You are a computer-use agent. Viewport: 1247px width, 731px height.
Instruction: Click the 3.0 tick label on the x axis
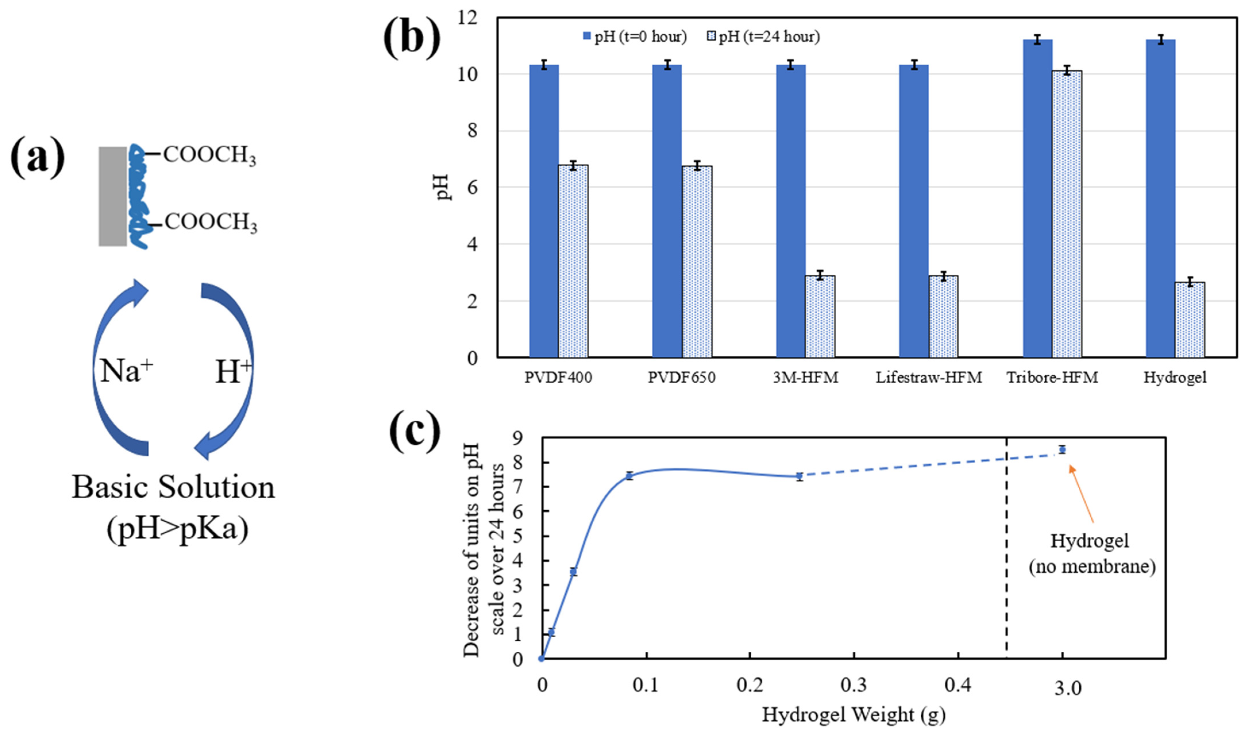[1068, 688]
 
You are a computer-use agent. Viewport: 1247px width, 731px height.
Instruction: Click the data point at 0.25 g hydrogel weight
[799, 476]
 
